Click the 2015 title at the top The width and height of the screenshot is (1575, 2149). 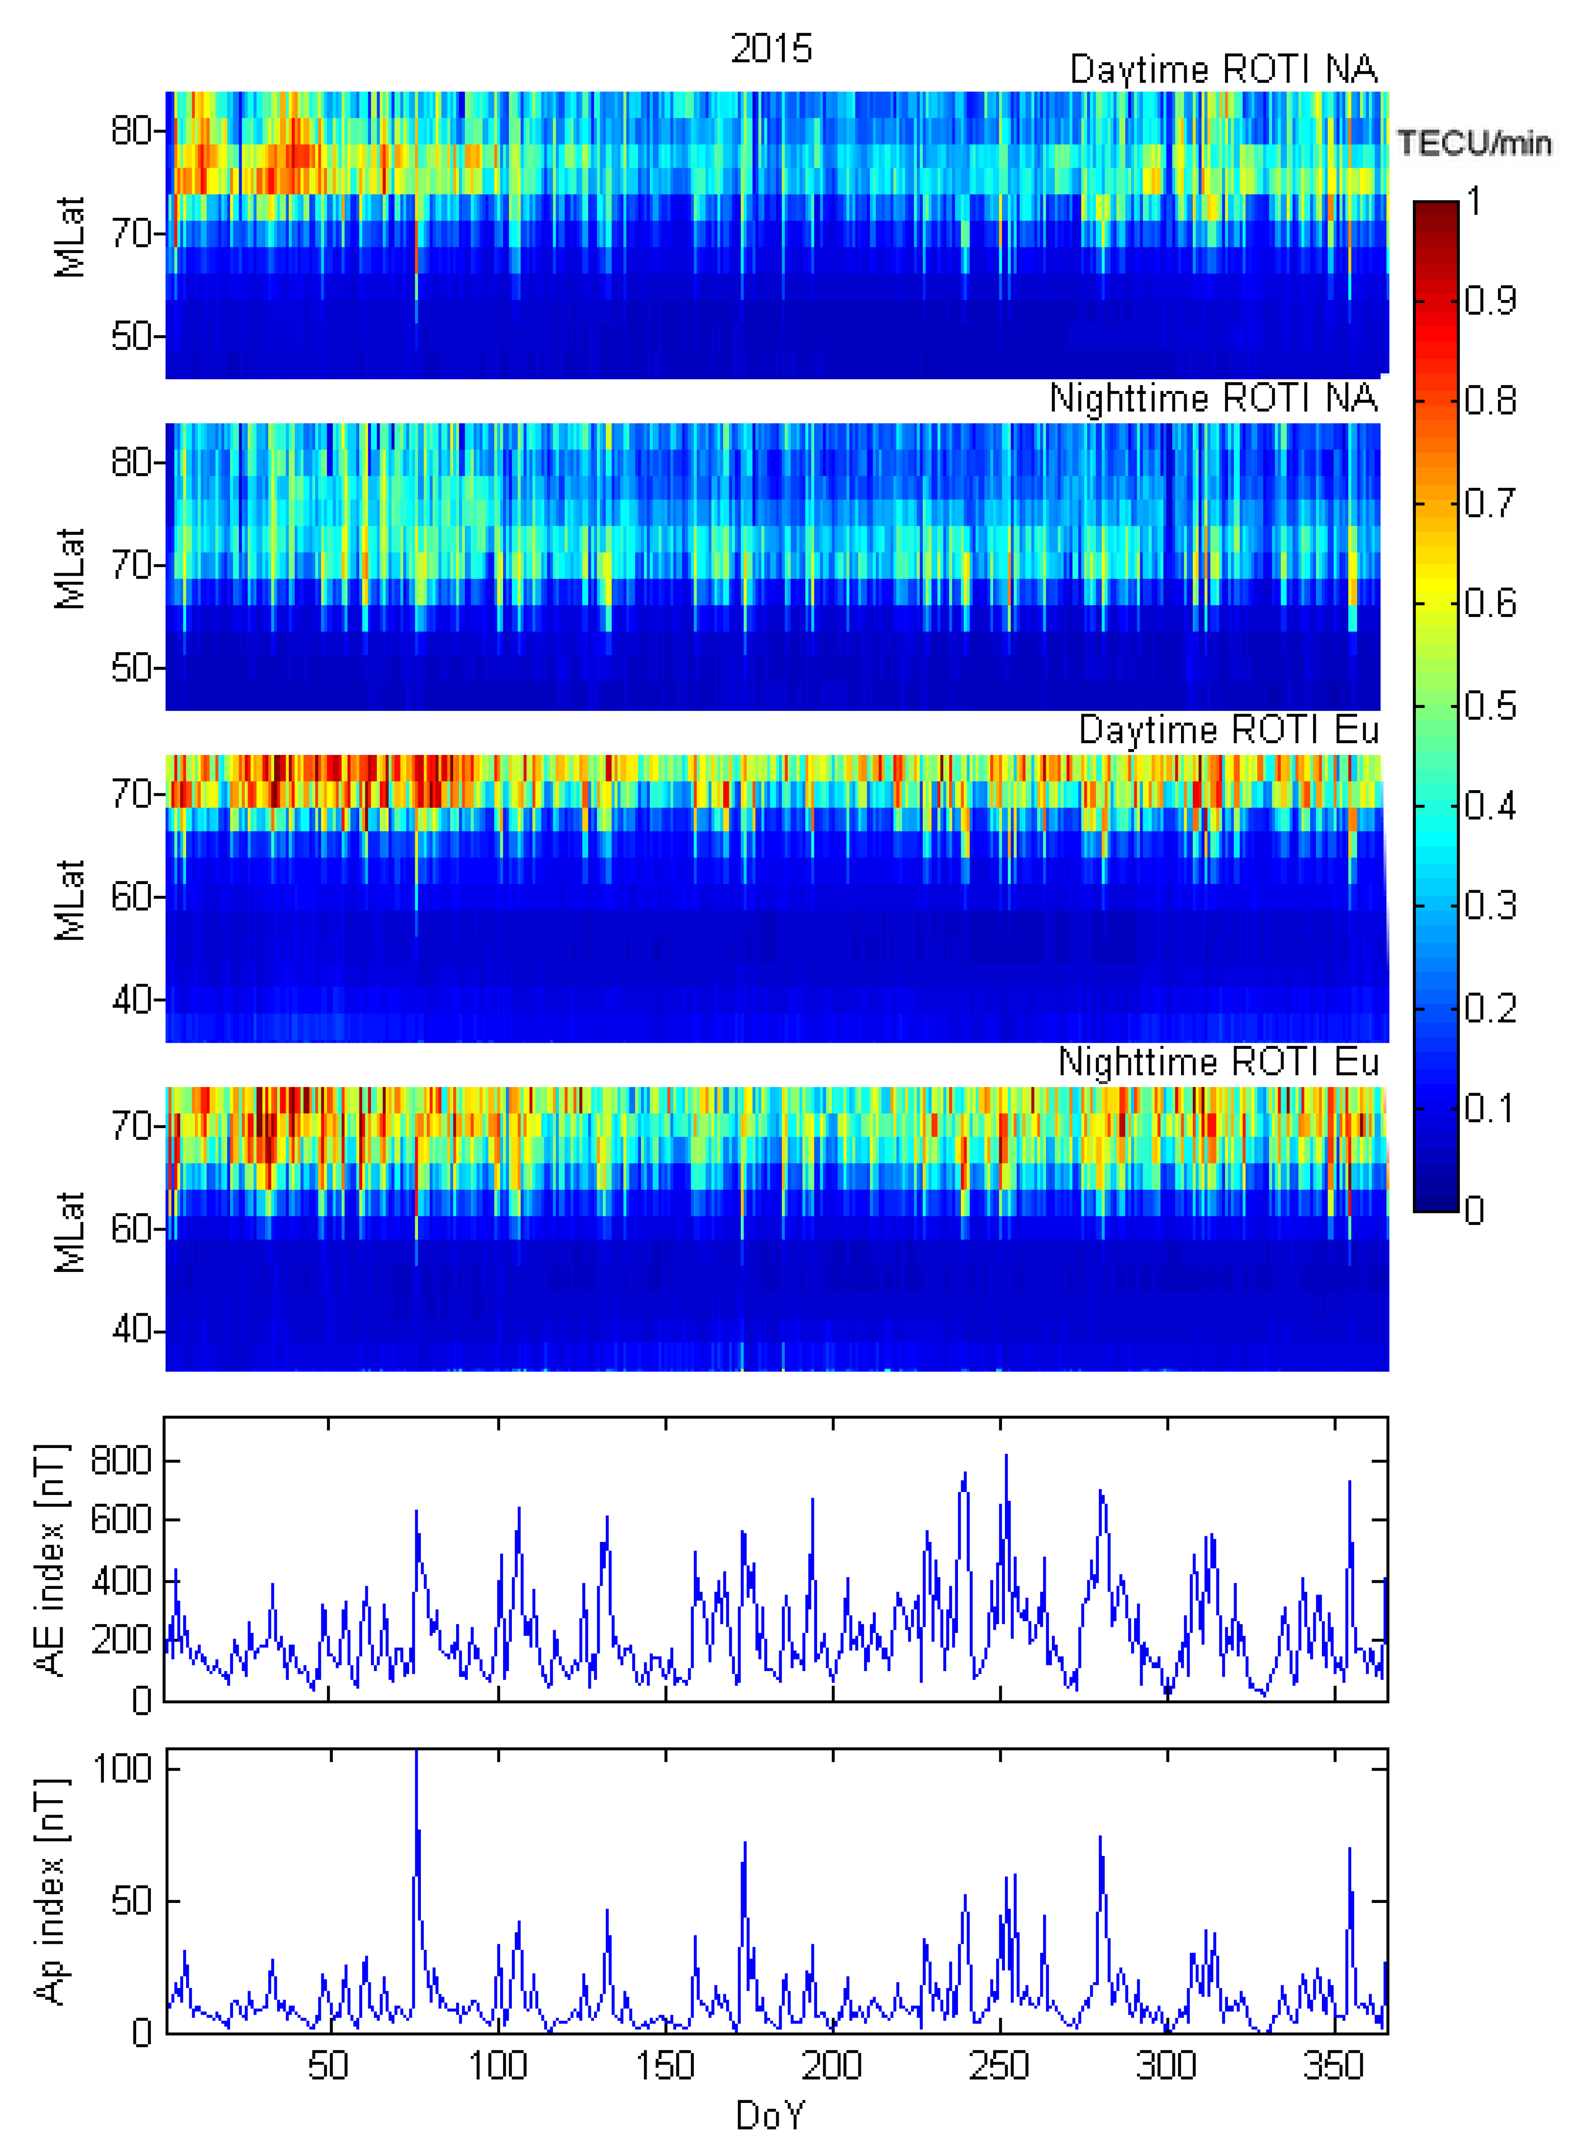[x=771, y=48]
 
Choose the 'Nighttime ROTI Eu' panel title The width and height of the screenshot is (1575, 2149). [x=1218, y=1061]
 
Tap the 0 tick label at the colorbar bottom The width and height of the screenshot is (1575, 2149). [x=1474, y=1211]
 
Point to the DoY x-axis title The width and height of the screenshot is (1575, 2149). [x=771, y=2115]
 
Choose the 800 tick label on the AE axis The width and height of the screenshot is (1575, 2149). [x=121, y=1461]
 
